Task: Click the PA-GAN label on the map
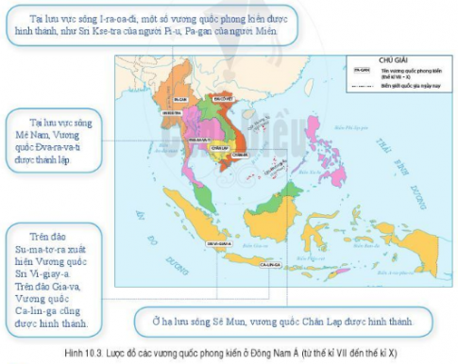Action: [179, 97]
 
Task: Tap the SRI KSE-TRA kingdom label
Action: [172, 112]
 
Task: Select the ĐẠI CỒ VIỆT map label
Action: [223, 97]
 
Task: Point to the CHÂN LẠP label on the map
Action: [222, 147]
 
